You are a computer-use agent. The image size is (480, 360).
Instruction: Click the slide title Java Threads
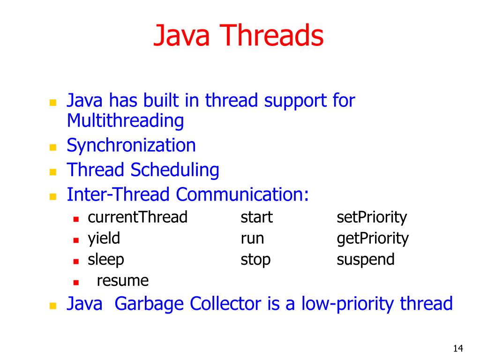point(239,36)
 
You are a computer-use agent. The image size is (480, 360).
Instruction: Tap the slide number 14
point(458,348)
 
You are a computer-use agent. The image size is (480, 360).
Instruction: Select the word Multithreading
point(125,121)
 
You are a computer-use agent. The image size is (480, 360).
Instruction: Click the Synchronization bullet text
point(131,145)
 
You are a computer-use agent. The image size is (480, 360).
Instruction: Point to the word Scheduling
point(175,170)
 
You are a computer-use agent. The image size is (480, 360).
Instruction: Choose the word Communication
point(243,194)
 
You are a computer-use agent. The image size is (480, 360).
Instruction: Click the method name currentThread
point(137,217)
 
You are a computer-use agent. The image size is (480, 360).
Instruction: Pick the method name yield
point(104,239)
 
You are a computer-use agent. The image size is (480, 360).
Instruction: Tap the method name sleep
point(106,260)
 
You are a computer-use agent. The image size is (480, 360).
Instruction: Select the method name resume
point(122,281)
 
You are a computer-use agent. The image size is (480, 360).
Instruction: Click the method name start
point(256,217)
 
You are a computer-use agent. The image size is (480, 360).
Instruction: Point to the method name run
point(252,239)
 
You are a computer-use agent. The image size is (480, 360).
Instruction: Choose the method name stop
point(255,260)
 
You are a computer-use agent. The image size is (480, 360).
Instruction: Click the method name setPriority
point(372,217)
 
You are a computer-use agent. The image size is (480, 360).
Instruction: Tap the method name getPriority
point(373,239)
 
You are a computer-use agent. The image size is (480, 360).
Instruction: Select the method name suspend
point(366,260)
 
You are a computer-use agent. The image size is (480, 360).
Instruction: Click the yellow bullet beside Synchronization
point(53,147)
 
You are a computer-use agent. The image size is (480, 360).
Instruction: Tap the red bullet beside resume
point(75,282)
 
